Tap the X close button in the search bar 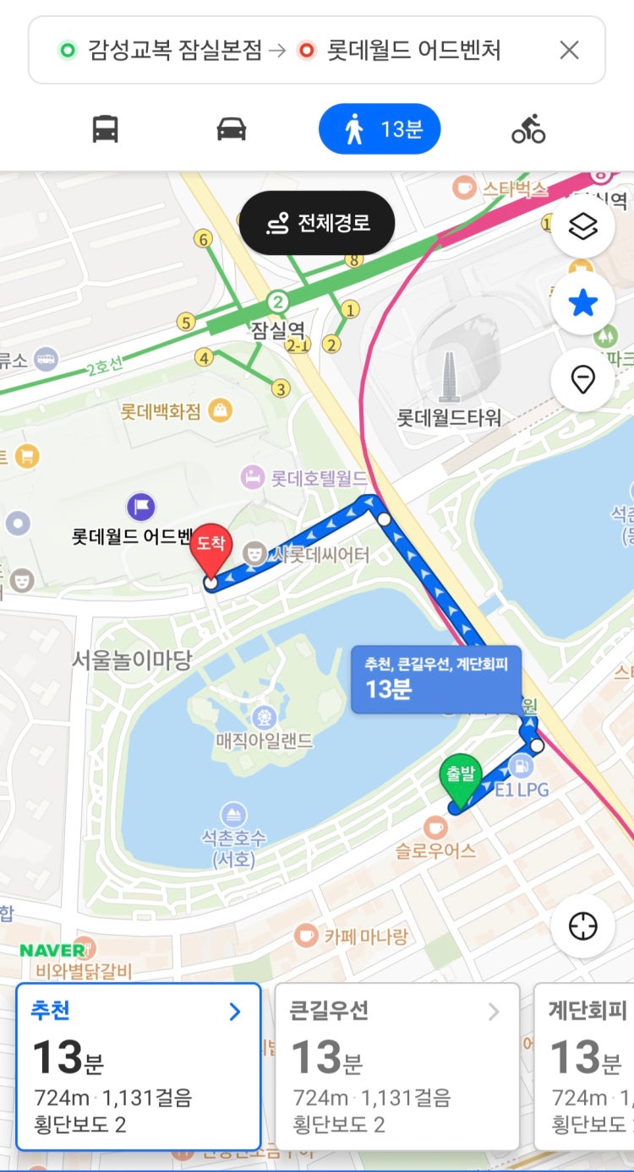[569, 51]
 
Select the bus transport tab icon [105, 129]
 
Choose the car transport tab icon [231, 129]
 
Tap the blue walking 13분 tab [380, 129]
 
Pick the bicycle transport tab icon [528, 129]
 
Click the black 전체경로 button [317, 223]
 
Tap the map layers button [582, 226]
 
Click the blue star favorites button [582, 304]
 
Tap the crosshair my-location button [582, 926]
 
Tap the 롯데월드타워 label [449, 417]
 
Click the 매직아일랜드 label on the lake [264, 741]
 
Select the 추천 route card [138, 1066]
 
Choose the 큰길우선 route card [396, 1066]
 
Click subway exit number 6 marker [203, 239]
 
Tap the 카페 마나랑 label [365, 936]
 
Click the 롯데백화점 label [161, 411]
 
